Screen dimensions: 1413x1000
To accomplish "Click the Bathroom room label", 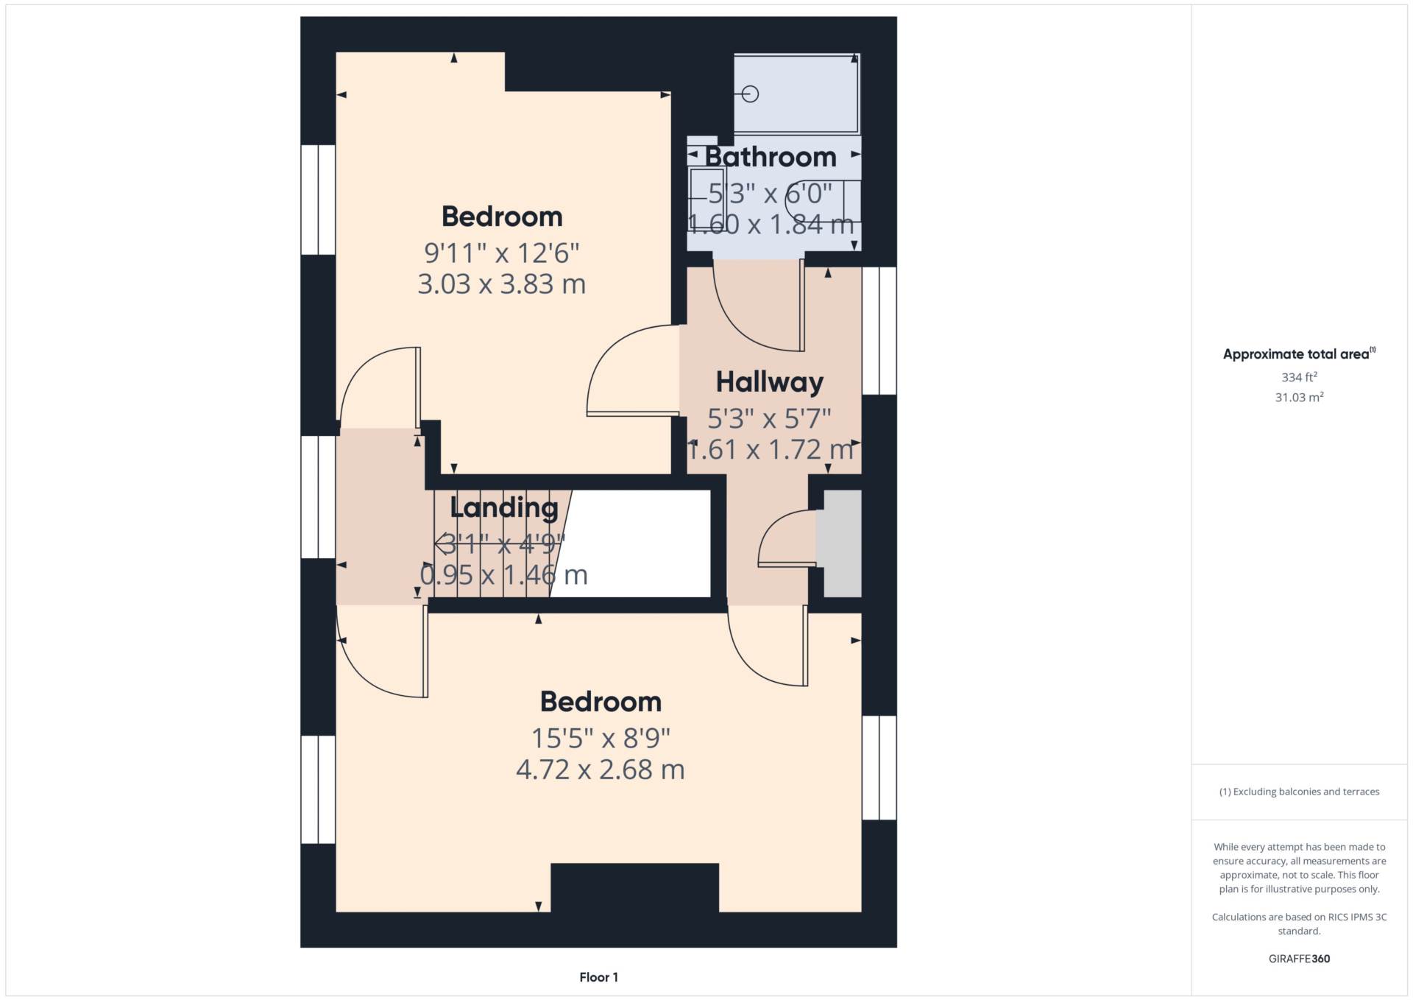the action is [771, 157].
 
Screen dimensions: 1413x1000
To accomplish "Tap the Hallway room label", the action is [769, 382].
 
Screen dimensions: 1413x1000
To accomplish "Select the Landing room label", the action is [504, 507].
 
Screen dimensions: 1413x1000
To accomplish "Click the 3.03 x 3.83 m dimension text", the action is [502, 284].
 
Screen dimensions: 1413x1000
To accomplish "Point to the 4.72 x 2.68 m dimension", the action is [601, 770].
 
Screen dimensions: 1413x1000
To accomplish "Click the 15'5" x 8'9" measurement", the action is [601, 738].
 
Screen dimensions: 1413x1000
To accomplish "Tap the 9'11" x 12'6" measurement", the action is [502, 253].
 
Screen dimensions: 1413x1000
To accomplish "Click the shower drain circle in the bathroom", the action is [751, 94].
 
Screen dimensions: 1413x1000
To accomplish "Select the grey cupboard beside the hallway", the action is [842, 543].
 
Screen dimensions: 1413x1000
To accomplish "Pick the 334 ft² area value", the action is [1299, 377].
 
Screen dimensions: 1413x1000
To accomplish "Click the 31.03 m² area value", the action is [1299, 398].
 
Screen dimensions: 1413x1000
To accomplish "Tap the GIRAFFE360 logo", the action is [1299, 959].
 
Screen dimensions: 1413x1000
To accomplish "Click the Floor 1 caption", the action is [598, 977].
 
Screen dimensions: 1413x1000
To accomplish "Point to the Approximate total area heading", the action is [1299, 354].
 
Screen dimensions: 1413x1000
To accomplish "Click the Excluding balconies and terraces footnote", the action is [1299, 792].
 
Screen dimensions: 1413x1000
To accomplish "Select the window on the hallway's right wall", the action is [879, 331].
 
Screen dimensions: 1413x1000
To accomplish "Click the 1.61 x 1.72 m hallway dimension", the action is [770, 450].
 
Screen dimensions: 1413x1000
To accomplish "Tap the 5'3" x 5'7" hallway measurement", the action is [769, 419].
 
